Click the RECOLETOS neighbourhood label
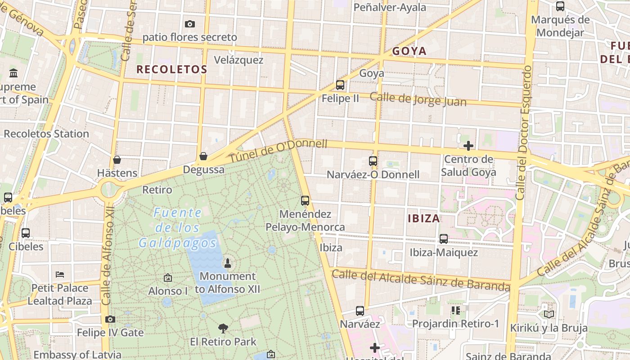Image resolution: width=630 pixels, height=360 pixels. point(171,69)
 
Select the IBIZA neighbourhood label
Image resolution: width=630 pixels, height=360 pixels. point(423,219)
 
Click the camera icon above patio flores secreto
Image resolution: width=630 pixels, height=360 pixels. point(190,24)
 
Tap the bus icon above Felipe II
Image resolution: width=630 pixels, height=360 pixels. point(340,85)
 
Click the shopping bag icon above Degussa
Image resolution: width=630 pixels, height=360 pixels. point(203,156)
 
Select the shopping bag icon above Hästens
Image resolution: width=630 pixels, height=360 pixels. point(117,160)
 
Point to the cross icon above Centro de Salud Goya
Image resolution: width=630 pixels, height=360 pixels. point(468,146)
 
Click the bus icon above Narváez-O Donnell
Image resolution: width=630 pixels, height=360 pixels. point(373,161)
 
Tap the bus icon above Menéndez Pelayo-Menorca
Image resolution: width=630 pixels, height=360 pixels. point(305,201)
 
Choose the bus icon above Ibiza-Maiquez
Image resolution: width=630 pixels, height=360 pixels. point(444,239)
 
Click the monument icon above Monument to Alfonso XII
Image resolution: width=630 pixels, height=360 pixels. point(228,263)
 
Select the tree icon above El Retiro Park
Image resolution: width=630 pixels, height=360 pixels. point(223,328)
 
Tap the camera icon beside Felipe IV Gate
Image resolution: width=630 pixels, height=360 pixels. point(110,319)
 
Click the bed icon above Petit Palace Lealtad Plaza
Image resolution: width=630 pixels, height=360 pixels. point(60,274)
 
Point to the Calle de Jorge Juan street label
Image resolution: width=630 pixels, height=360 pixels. point(418,99)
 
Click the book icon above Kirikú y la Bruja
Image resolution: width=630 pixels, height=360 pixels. point(549,314)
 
